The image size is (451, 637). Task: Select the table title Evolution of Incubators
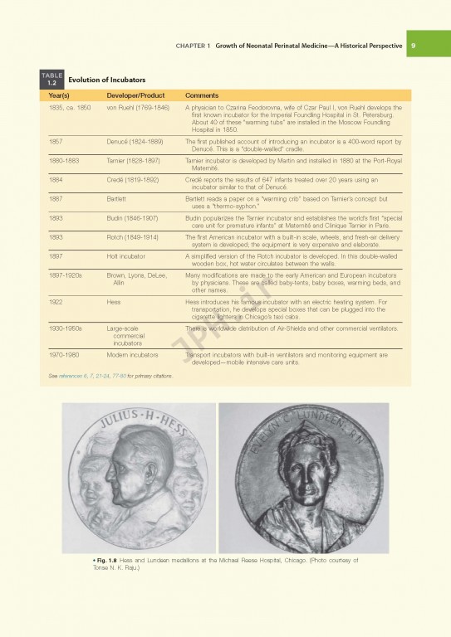[106, 80]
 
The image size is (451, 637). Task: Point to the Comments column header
[202, 96]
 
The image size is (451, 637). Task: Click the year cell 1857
[58, 142]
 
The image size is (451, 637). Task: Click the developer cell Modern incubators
[132, 354]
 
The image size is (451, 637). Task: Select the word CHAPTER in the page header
[194, 46]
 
